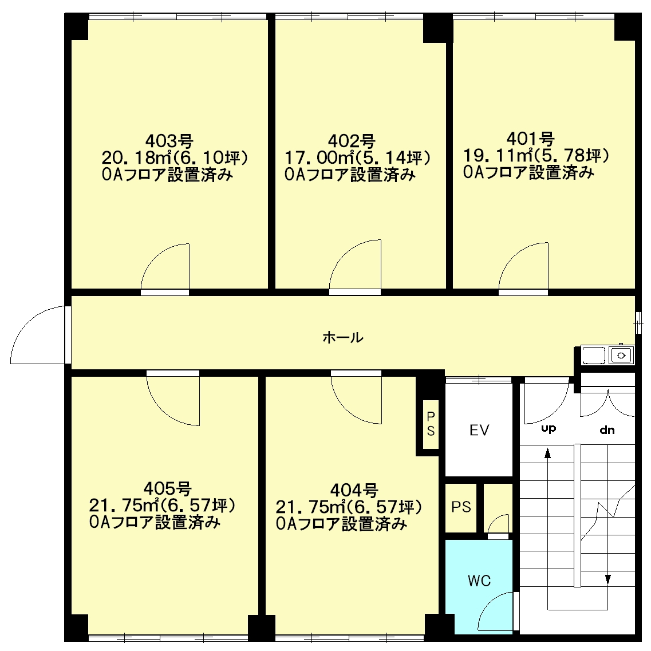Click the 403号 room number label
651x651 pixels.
tap(169, 141)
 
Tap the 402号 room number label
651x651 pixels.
tap(352, 141)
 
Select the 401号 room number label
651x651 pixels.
tap(531, 139)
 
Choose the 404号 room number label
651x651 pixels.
tap(354, 491)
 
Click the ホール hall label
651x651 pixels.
tap(343, 337)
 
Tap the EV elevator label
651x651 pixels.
tap(479, 430)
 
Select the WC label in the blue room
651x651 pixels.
tap(479, 581)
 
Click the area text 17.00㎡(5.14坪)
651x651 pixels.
tap(357, 158)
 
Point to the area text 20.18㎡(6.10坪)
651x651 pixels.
tap(175, 158)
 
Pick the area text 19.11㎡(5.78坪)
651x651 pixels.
tap(536, 156)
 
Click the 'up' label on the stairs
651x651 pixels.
tap(549, 428)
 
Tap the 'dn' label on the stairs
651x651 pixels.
tap(607, 430)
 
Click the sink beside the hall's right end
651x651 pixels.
tap(607, 355)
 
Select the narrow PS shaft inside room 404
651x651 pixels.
tap(431, 424)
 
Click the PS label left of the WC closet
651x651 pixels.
tap(461, 507)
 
